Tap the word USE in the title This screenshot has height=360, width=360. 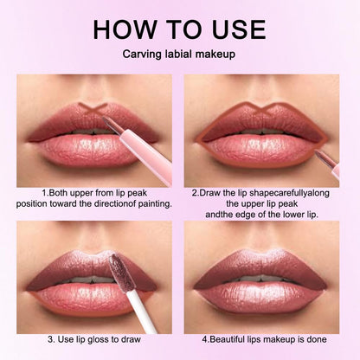pyautogui.click(x=233, y=29)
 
